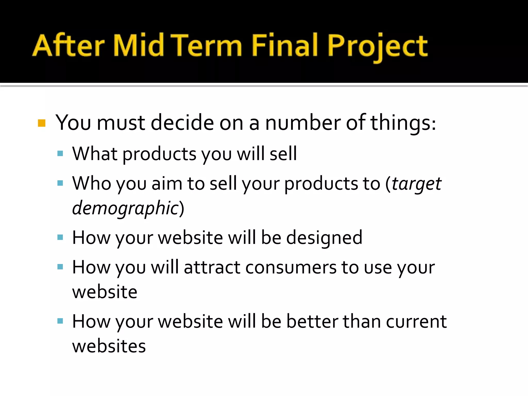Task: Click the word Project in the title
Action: click(377, 46)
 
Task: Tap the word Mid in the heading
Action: click(138, 45)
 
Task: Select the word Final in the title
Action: click(284, 45)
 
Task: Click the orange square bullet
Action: click(42, 123)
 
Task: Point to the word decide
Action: click(182, 123)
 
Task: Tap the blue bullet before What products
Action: click(60, 154)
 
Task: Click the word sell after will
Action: click(283, 154)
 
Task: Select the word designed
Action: click(324, 238)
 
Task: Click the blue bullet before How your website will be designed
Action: click(60, 237)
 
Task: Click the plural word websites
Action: click(109, 346)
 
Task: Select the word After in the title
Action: click(68, 45)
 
